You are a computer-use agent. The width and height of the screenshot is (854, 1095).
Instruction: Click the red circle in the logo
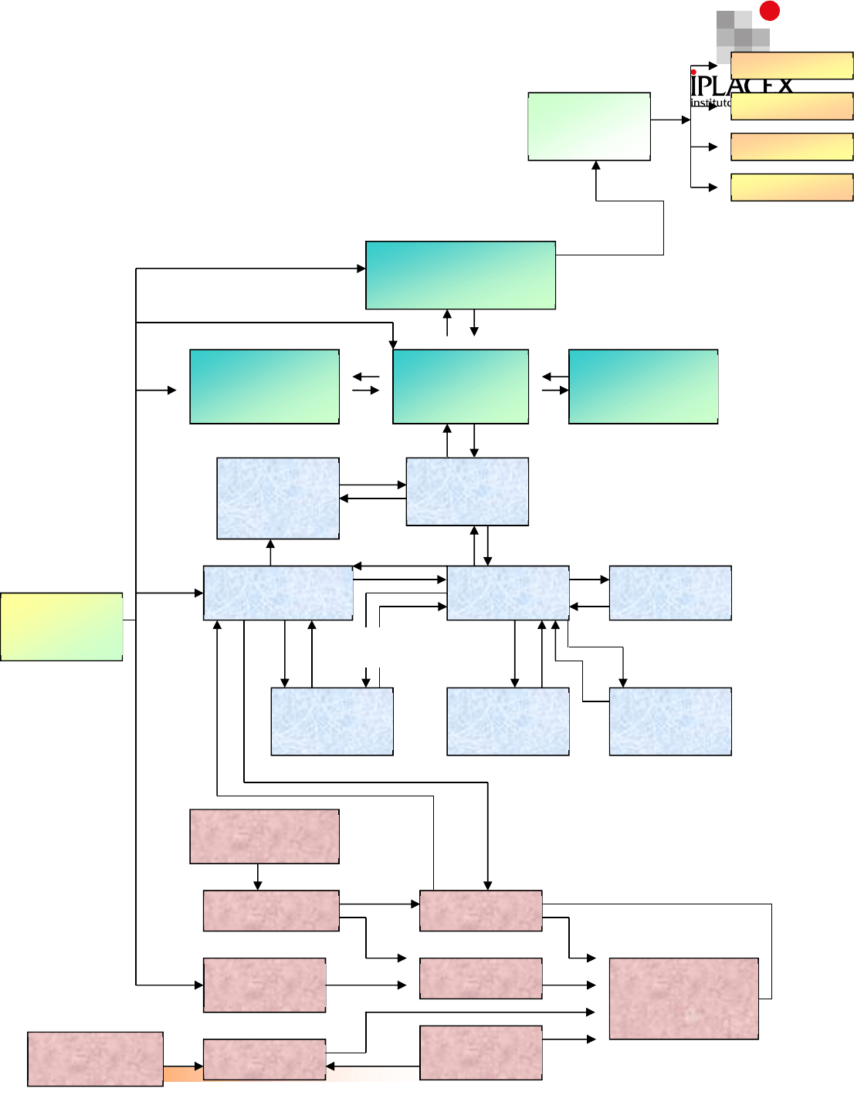click(769, 10)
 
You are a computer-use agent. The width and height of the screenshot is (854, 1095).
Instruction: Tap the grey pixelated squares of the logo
click(741, 32)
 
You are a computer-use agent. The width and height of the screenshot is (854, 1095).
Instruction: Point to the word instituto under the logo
click(710, 103)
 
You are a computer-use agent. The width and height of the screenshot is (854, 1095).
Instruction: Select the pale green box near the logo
click(588, 127)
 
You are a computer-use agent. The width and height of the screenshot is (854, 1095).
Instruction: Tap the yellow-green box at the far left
click(62, 627)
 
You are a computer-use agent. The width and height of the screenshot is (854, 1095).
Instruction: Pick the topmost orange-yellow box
click(791, 66)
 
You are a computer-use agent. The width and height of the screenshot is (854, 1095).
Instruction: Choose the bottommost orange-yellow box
click(791, 188)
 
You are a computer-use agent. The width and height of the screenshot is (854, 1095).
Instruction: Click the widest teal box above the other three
click(460, 275)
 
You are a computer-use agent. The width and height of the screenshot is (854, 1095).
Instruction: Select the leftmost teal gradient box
click(264, 387)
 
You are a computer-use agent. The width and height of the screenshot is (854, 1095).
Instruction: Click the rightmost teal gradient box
click(643, 387)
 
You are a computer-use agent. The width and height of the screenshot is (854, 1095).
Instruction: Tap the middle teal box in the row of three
click(460, 387)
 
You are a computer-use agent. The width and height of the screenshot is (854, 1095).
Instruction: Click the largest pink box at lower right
click(683, 999)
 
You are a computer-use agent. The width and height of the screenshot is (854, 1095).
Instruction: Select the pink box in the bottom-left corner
click(95, 1059)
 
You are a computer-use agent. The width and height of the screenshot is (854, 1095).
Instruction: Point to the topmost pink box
click(264, 836)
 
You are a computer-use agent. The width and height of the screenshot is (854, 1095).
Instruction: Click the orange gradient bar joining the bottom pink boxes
click(183, 1073)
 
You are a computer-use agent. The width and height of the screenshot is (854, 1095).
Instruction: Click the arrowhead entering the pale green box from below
click(596, 165)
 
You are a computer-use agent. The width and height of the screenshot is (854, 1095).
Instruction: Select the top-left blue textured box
click(278, 498)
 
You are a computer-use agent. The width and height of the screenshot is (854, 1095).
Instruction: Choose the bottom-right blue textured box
click(670, 722)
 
